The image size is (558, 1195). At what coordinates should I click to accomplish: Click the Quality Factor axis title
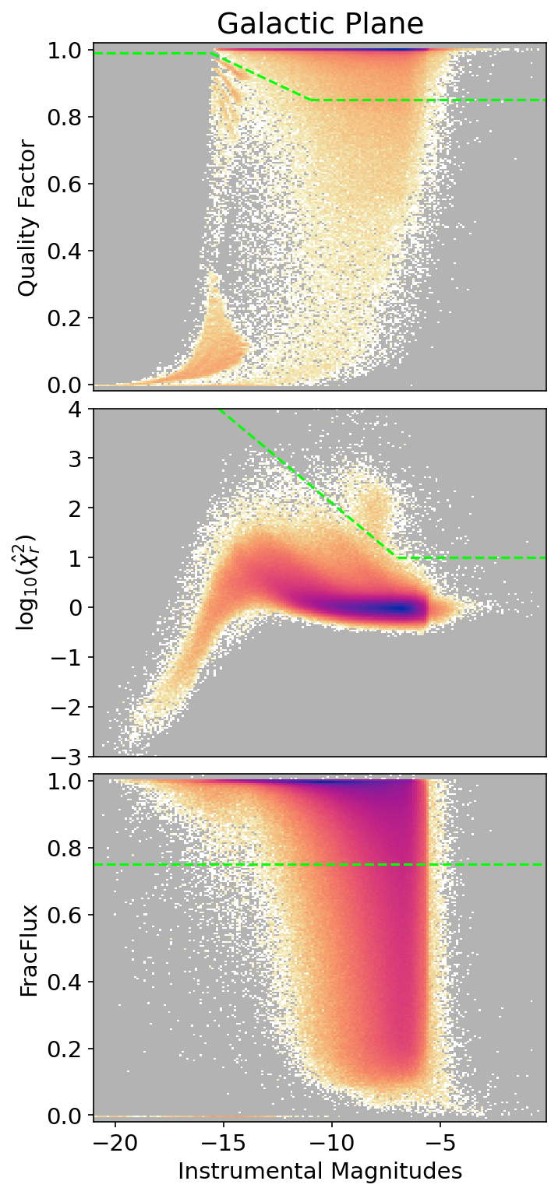[28, 218]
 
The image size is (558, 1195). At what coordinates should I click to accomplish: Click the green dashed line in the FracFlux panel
[312, 864]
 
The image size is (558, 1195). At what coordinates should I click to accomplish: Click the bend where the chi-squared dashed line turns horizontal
[397, 557]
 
